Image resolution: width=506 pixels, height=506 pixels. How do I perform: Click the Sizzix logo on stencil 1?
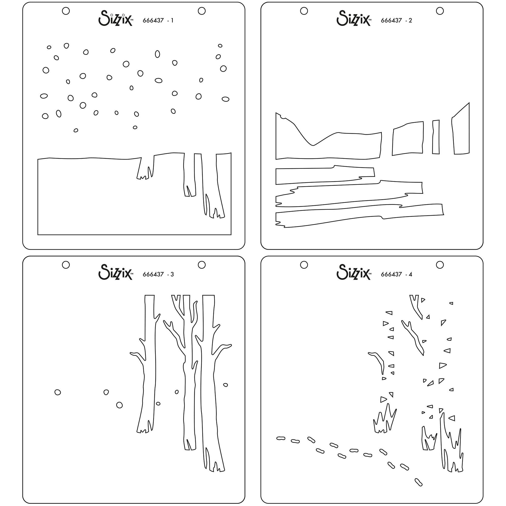click(115, 18)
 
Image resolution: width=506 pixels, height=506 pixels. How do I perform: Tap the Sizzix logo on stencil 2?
click(354, 18)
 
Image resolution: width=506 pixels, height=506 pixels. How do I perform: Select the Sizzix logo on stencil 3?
click(115, 272)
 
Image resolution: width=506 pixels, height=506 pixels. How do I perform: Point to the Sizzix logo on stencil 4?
click(354, 272)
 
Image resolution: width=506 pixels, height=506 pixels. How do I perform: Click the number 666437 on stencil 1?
click(153, 20)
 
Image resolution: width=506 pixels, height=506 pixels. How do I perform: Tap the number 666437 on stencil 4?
click(391, 274)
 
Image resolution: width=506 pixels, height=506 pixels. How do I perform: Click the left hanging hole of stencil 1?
click(66, 11)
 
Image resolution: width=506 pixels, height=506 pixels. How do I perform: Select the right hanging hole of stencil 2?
click(440, 11)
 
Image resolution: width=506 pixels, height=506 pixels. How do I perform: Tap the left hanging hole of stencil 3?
click(66, 265)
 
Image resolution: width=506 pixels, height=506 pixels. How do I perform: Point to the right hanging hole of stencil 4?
click(440, 265)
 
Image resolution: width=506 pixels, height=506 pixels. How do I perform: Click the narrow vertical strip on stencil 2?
click(436, 137)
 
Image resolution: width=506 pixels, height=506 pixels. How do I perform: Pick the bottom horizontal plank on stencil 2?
click(359, 215)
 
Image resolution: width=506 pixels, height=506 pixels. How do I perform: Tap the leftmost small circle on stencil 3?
click(58, 392)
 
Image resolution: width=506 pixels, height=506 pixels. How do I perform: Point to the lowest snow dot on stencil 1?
click(76, 130)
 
